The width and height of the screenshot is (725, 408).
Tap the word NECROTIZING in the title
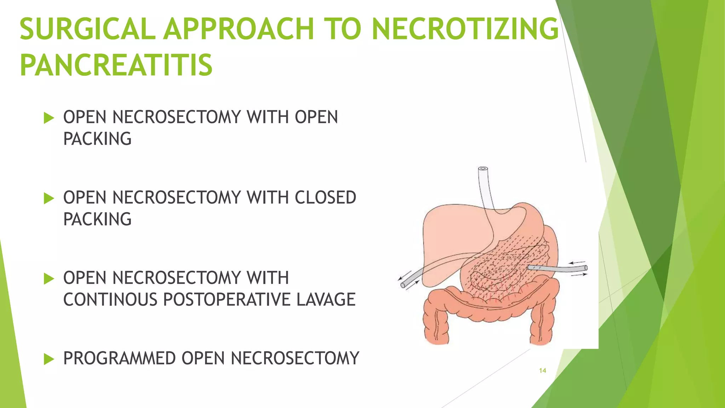pos(465,29)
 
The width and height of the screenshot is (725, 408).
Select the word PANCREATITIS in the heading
pos(116,65)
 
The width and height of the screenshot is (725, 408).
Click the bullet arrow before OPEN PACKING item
pos(48,118)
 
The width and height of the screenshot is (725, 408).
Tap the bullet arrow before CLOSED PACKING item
pos(48,198)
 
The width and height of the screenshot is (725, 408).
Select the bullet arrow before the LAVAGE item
pos(48,279)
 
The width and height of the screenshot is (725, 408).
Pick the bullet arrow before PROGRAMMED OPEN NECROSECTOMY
pos(48,359)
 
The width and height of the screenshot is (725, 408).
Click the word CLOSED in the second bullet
pos(325,198)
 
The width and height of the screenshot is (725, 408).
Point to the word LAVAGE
pos(326,300)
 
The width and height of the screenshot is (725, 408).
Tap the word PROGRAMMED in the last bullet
pos(119,358)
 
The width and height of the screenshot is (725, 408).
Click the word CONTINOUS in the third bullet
pos(110,300)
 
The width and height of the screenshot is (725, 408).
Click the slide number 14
pos(542,370)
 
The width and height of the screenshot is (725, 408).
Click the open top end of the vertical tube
pos(483,169)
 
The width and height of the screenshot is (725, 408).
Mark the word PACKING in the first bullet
pos(97,139)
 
